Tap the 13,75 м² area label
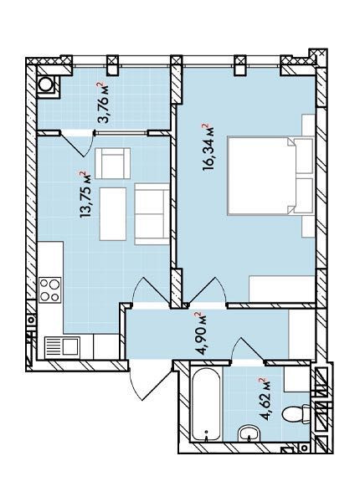86,195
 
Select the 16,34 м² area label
208,147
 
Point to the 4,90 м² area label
202,335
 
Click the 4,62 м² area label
265,399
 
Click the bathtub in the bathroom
206,404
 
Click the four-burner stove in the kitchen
50,290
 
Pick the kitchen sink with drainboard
62,347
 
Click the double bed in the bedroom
270,176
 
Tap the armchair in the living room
113,163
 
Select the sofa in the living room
152,214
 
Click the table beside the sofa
113,214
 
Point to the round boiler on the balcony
45,85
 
